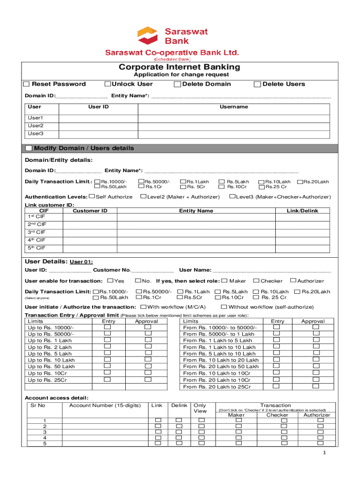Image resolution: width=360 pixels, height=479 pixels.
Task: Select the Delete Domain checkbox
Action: [177, 84]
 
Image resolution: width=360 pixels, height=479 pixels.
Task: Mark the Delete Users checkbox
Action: [257, 84]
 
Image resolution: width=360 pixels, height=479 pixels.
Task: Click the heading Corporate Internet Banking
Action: [179, 67]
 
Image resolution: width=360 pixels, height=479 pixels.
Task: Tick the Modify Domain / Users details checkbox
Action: [29, 148]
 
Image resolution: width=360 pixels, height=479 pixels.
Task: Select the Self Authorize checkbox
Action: [92, 196]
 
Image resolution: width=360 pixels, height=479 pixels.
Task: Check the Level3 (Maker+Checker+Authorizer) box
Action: [232, 196]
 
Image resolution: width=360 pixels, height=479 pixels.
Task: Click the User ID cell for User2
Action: [99, 126]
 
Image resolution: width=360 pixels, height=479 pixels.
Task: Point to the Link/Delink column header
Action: [302, 211]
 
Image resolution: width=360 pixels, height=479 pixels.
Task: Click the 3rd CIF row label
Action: [36, 232]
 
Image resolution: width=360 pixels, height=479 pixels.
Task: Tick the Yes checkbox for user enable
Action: [110, 281]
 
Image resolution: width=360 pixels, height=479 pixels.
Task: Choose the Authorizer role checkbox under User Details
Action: [293, 281]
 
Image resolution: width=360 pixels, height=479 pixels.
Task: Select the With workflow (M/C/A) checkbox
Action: [144, 307]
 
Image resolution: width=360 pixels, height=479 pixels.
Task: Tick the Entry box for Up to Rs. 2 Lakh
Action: [108, 347]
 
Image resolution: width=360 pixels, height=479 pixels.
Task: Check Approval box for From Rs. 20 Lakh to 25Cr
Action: [316, 386]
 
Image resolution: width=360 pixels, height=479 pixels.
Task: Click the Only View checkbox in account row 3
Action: [202, 431]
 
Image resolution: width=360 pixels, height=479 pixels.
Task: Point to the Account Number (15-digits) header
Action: [105, 406]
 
